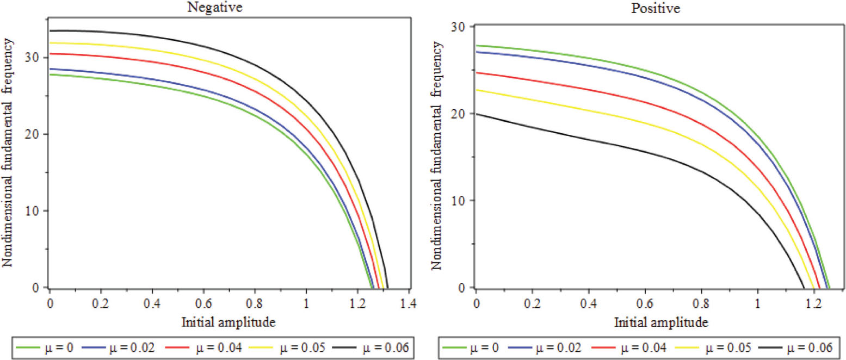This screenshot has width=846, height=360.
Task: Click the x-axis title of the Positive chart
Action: coord(661,322)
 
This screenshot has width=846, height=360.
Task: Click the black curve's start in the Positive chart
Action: coord(477,114)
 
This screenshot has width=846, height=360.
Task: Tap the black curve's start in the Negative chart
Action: coord(50,31)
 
